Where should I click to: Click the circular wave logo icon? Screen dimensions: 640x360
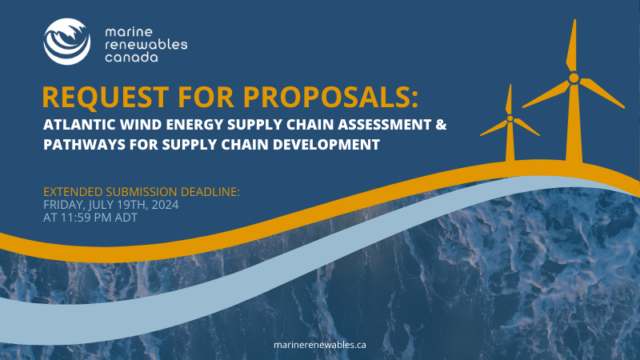coord(67,42)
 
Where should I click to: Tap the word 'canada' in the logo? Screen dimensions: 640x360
coord(131,57)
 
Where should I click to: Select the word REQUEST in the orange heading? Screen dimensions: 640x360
coord(106,97)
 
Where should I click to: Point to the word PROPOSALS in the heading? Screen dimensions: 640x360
coord(330,97)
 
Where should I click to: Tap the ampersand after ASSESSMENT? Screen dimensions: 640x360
coord(442,124)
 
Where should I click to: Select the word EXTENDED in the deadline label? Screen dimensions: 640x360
coord(73,191)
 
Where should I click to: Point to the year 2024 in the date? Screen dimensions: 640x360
coord(165,205)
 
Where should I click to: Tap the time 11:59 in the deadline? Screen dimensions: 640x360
coord(75,218)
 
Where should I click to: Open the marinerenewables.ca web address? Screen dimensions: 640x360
coord(319,345)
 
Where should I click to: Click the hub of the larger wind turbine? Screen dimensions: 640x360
coord(574,78)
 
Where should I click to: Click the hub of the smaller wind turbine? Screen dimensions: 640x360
coord(510,118)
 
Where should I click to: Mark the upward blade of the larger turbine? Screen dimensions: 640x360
coord(572,46)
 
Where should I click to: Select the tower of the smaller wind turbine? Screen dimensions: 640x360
coord(510,142)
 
